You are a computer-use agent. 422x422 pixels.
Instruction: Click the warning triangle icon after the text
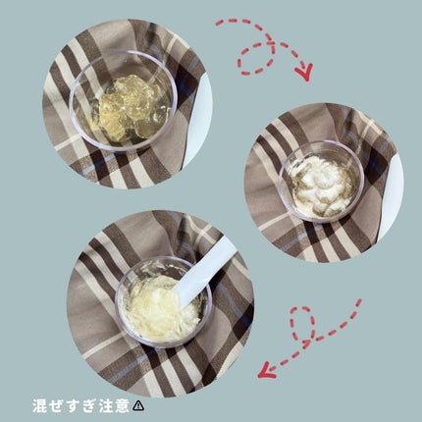(x=138, y=405)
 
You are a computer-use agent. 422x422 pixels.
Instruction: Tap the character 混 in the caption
(x=39, y=405)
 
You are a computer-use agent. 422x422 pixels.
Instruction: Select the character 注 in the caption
(x=105, y=405)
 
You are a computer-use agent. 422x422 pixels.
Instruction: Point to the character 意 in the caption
(x=122, y=405)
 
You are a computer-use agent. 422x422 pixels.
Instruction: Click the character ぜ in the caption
(x=56, y=405)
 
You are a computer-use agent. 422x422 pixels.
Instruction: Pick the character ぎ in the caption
(x=88, y=405)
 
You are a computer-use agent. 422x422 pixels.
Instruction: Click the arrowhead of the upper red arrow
(x=304, y=73)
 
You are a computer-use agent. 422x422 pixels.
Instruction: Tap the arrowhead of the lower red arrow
(x=267, y=370)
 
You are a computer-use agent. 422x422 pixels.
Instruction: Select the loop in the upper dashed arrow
(x=256, y=59)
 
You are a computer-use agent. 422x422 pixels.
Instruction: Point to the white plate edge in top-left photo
(x=201, y=118)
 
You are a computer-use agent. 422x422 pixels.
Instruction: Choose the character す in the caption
(x=72, y=405)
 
